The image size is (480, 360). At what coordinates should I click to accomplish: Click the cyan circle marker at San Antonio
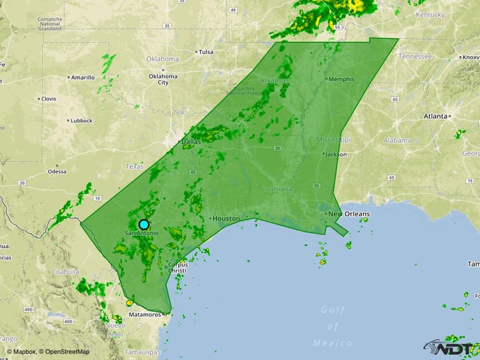coord(144,224)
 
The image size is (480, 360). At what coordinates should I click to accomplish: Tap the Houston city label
coord(226,219)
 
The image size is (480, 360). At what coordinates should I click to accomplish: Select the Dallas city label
coord(191,141)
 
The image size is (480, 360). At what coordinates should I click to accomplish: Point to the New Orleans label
coord(350,213)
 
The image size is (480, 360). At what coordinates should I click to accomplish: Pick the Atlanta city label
coord(435,116)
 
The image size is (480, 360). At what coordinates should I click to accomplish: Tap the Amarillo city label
coord(82,77)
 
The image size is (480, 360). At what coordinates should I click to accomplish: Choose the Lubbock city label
coord(82,120)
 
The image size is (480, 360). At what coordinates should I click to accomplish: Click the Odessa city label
coord(57,172)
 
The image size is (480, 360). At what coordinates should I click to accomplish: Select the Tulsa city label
coord(206,52)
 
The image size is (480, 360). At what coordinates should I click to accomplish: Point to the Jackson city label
coord(335,154)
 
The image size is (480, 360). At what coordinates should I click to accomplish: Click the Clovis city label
coord(49,99)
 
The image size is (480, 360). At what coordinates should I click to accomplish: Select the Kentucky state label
coord(430,14)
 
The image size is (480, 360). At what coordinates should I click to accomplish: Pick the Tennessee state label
coord(414,56)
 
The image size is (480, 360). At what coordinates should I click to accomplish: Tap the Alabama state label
coord(397,140)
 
